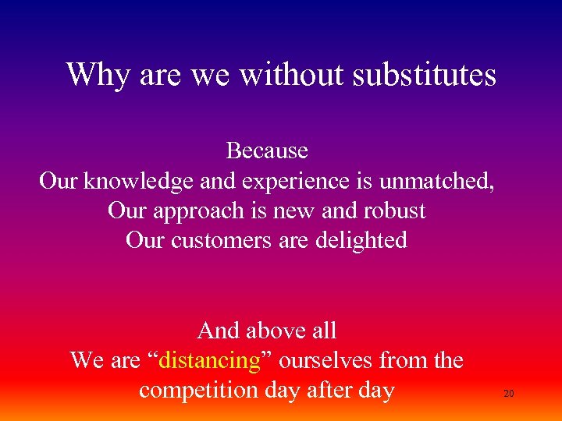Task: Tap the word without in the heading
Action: [x=292, y=75]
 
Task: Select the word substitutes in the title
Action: [x=425, y=75]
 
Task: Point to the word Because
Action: [x=267, y=150]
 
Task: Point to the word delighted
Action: [x=361, y=240]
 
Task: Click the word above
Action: [x=272, y=331]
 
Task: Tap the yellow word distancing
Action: [x=210, y=360]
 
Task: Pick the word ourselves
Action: [x=325, y=360]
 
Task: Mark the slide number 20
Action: [x=508, y=394]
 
